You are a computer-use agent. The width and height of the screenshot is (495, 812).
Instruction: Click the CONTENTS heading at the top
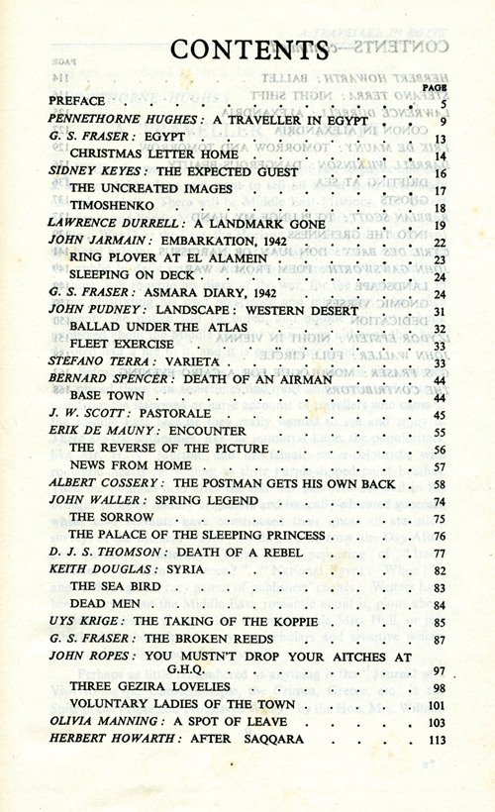(x=247, y=49)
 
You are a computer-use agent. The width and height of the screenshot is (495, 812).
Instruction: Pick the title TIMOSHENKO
(x=108, y=206)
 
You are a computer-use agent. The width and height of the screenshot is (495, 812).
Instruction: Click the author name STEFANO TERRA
(x=98, y=361)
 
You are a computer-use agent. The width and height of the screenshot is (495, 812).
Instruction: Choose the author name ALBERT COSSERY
(x=106, y=484)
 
